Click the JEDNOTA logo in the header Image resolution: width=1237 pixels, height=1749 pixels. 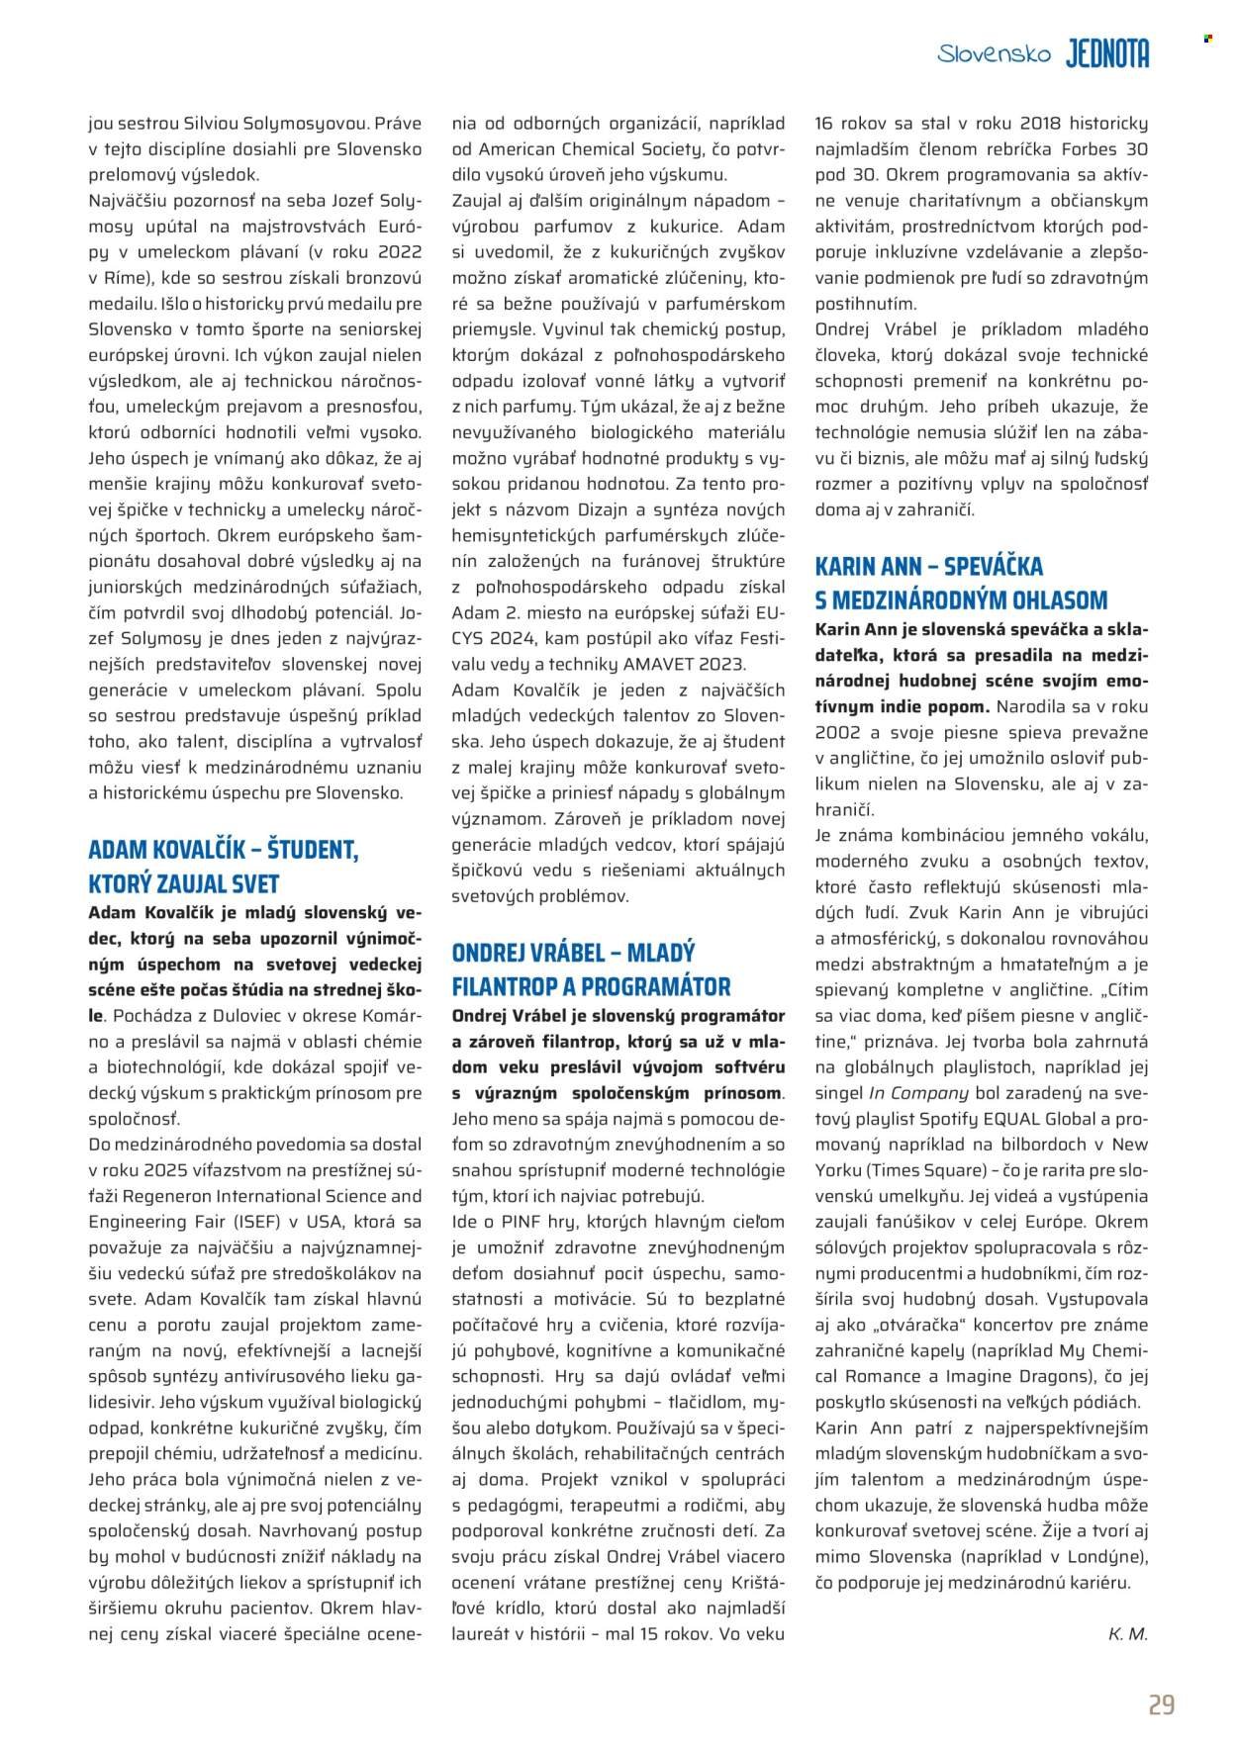point(1107,55)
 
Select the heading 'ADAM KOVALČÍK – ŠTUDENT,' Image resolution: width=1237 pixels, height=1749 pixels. point(223,850)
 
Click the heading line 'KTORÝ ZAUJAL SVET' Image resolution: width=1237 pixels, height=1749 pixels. point(184,883)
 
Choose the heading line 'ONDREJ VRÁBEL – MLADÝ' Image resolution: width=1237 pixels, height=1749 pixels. point(573,953)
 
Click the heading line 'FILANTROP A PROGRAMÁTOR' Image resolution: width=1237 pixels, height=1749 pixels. point(591,986)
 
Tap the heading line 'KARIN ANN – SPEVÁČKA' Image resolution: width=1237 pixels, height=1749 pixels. point(928,567)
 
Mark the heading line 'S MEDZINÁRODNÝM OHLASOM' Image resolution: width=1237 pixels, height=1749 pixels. point(961,600)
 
